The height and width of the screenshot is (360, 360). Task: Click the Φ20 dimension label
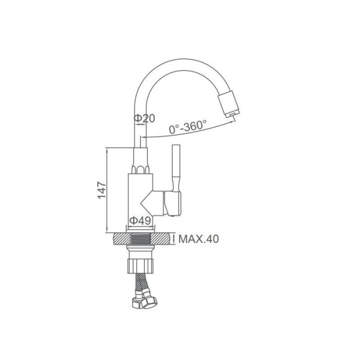[x=145, y=118]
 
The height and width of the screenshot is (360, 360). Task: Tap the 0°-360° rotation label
[x=188, y=127]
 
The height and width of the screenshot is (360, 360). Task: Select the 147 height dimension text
[x=102, y=190]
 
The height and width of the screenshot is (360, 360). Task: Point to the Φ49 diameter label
[x=140, y=221]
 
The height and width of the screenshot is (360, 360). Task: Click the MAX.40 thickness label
[x=199, y=239]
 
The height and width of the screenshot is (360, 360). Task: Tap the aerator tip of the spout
[x=229, y=104]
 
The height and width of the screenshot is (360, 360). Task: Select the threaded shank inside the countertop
[x=140, y=239]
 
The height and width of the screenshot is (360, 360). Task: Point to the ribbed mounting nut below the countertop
[x=140, y=266]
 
